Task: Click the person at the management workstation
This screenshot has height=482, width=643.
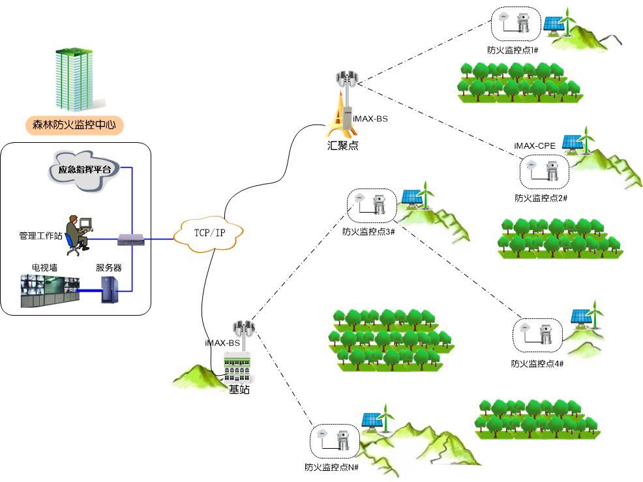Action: (79, 232)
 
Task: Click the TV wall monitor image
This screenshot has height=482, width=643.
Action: (50, 291)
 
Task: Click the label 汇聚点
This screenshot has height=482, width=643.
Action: (342, 145)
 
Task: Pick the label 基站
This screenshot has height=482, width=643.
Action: (239, 389)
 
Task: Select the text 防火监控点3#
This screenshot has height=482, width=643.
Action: (369, 231)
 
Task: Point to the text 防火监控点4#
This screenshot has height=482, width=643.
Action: (537, 363)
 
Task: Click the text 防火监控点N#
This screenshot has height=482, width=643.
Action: (332, 467)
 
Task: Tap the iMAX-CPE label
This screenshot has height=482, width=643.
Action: (535, 146)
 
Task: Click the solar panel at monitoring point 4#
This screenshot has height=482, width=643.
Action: (581, 316)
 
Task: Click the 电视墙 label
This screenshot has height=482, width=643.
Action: (44, 267)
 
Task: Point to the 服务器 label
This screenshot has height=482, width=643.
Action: (108, 267)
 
